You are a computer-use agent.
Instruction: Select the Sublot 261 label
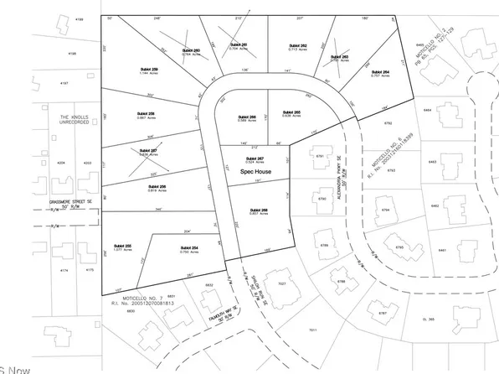(x=239, y=45)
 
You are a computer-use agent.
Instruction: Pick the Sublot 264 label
(x=380, y=72)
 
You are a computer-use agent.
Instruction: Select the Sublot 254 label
(x=188, y=248)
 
